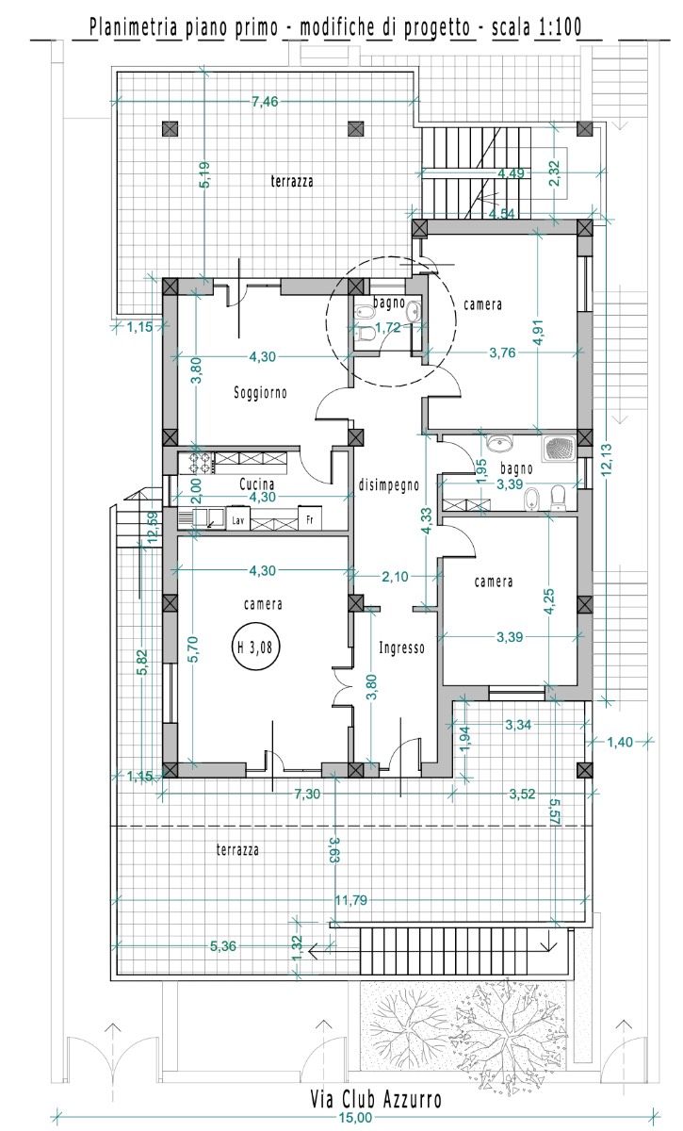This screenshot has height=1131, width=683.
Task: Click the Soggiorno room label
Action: [260, 392]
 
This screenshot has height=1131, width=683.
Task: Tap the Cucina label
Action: [256, 484]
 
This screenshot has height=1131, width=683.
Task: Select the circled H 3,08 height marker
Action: [255, 647]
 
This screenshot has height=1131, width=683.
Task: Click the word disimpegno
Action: [389, 485]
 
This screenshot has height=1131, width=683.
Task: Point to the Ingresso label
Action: [401, 647]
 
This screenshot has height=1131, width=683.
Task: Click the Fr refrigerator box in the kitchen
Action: [309, 517]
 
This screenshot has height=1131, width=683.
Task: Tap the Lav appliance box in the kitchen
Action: [237, 519]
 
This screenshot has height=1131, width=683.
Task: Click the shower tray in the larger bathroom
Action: [560, 449]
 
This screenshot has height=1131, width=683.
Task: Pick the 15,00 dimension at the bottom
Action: [355, 1118]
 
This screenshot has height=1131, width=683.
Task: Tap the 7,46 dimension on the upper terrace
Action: [265, 102]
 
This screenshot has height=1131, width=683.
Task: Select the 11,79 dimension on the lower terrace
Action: [351, 900]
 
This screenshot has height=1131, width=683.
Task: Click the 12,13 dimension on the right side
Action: [607, 459]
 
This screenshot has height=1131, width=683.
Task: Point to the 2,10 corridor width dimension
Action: [395, 576]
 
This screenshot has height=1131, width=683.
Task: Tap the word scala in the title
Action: [511, 26]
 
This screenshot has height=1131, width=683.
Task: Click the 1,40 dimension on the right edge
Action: [619, 742]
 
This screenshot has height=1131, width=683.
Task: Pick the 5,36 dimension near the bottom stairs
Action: [223, 945]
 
